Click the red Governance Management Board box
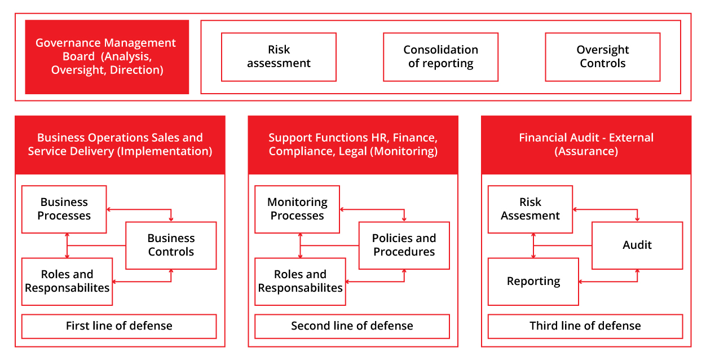coord(107,57)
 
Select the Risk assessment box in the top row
coord(279,57)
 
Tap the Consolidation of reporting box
coord(440,57)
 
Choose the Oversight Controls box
coord(603,57)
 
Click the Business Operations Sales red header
coord(120,145)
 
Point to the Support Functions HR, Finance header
coord(353,145)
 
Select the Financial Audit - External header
coord(586,145)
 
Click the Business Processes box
coord(64,209)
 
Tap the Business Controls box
coord(171,245)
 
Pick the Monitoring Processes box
coord(297,209)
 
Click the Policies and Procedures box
coord(404,245)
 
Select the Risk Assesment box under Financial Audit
coord(530,209)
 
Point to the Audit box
coord(637,245)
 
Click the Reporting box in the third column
coord(533,282)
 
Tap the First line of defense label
coord(119,326)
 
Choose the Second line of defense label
coord(352,326)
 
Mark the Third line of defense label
coord(585,326)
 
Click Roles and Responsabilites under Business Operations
coord(67,282)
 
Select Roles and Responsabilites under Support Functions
coord(300,282)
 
